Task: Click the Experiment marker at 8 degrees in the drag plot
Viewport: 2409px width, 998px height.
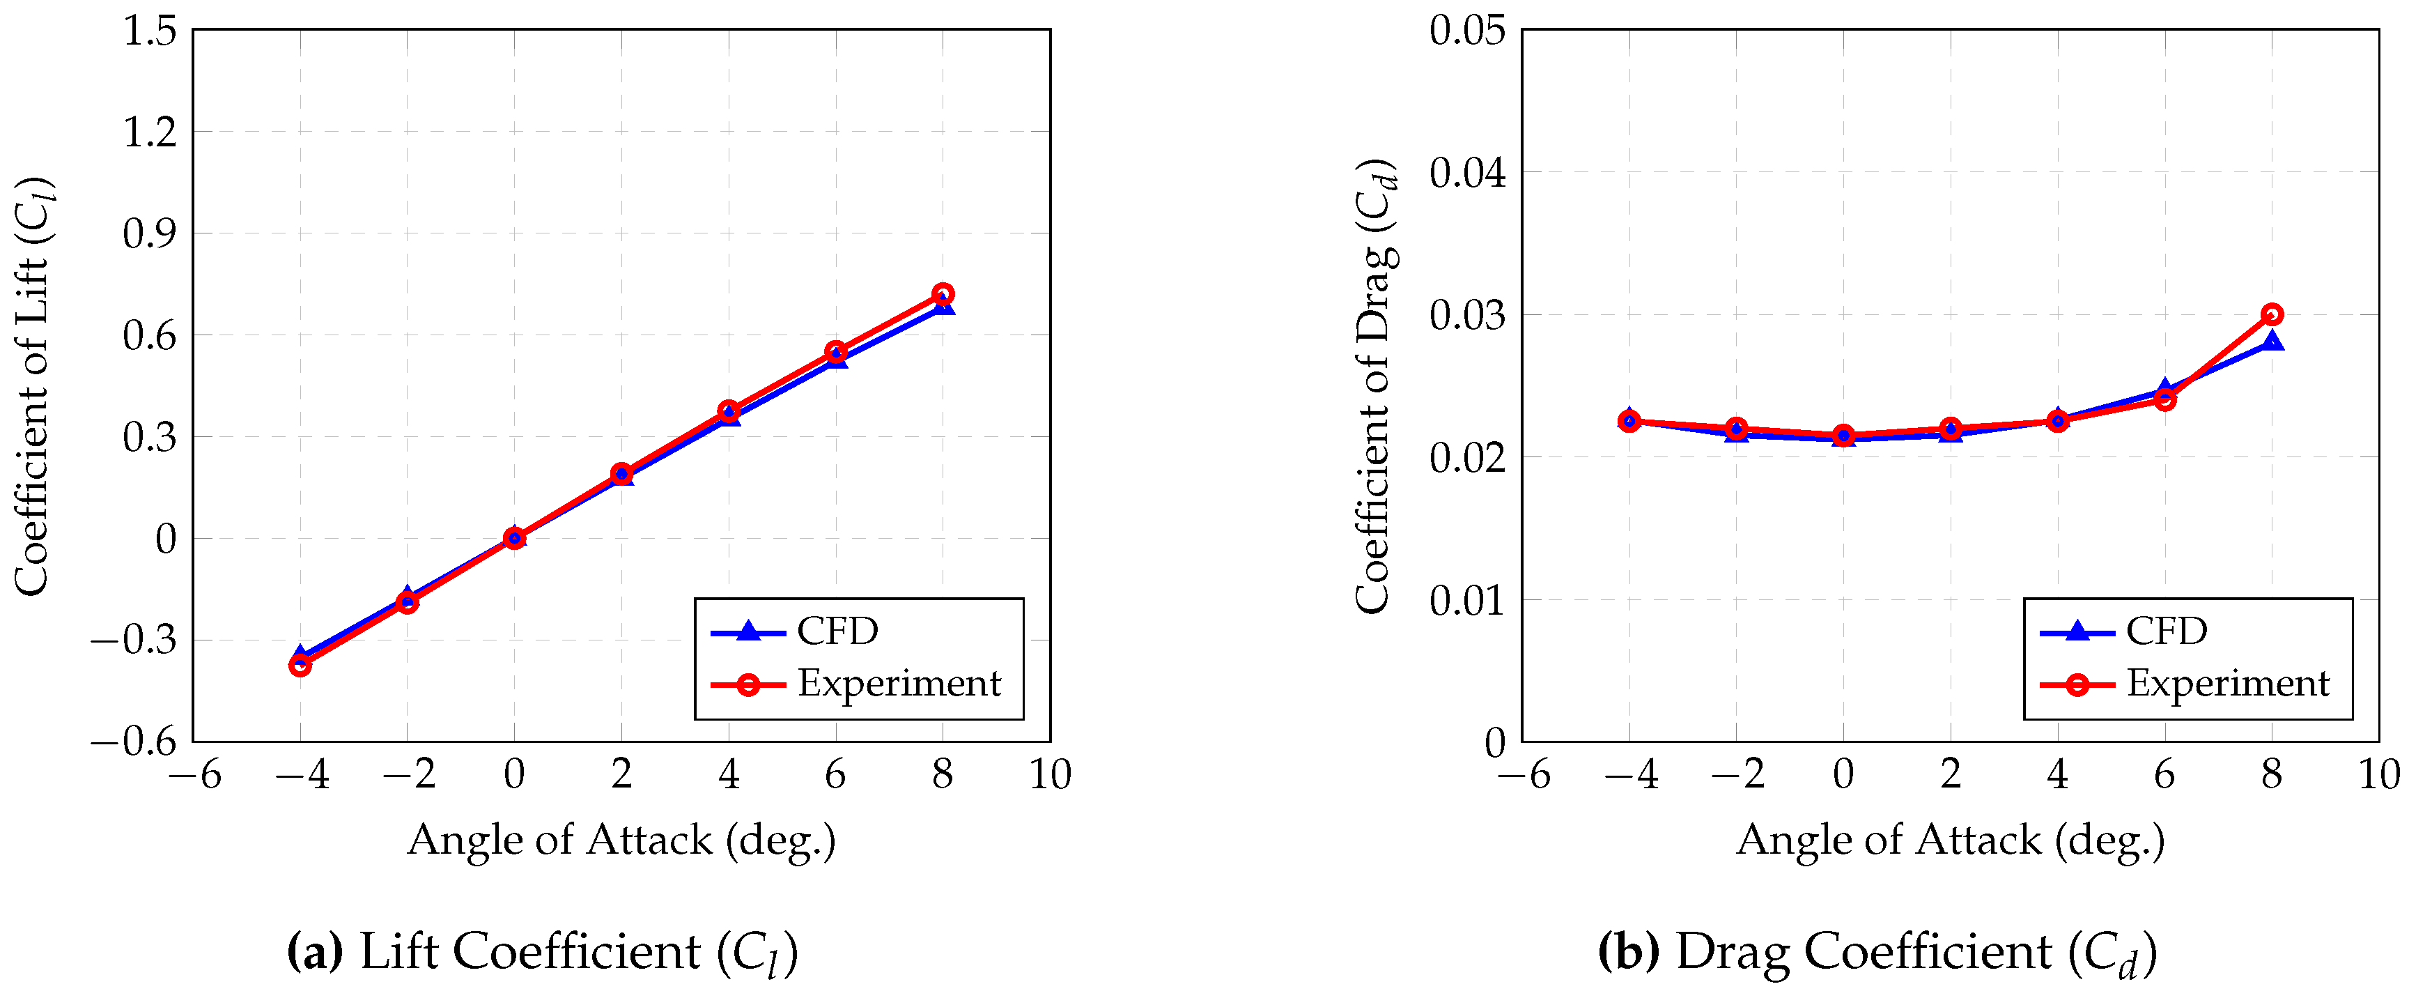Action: [2272, 314]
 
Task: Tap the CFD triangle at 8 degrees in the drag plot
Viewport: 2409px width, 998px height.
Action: [2272, 341]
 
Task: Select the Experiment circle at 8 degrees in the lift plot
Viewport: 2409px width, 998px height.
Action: [943, 293]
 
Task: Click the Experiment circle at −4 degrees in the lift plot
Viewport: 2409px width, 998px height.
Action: [300, 665]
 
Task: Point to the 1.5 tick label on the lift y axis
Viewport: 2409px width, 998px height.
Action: [150, 30]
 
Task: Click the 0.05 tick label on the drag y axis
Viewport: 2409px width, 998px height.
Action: [1467, 30]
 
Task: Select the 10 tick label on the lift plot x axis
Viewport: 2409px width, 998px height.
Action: [1049, 774]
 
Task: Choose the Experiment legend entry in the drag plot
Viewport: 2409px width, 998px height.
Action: [2228, 683]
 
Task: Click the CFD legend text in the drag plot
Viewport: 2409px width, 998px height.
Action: [2166, 631]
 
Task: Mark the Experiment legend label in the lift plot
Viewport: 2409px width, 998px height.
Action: [899, 683]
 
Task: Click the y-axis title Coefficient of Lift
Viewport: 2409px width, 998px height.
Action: [33, 385]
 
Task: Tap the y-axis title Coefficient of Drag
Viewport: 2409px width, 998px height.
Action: [1376, 385]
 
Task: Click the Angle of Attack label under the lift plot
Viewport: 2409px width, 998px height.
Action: [621, 840]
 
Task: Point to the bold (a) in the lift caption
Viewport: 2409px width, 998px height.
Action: [315, 951]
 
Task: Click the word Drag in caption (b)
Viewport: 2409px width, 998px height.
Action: [1732, 951]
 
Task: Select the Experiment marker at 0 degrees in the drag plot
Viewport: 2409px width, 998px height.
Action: [1843, 435]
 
